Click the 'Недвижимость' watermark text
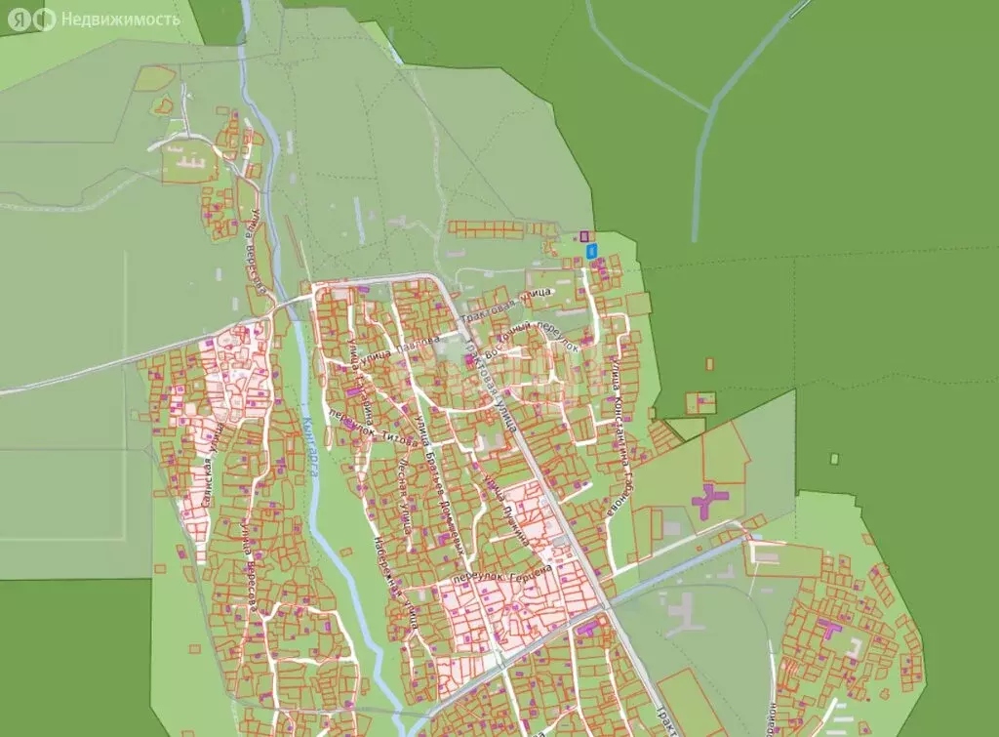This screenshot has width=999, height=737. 120,19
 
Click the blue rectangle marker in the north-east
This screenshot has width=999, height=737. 591,251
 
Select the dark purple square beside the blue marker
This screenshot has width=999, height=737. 584,235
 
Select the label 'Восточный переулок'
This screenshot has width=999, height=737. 533,340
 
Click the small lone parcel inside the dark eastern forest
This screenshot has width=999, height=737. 834,458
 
